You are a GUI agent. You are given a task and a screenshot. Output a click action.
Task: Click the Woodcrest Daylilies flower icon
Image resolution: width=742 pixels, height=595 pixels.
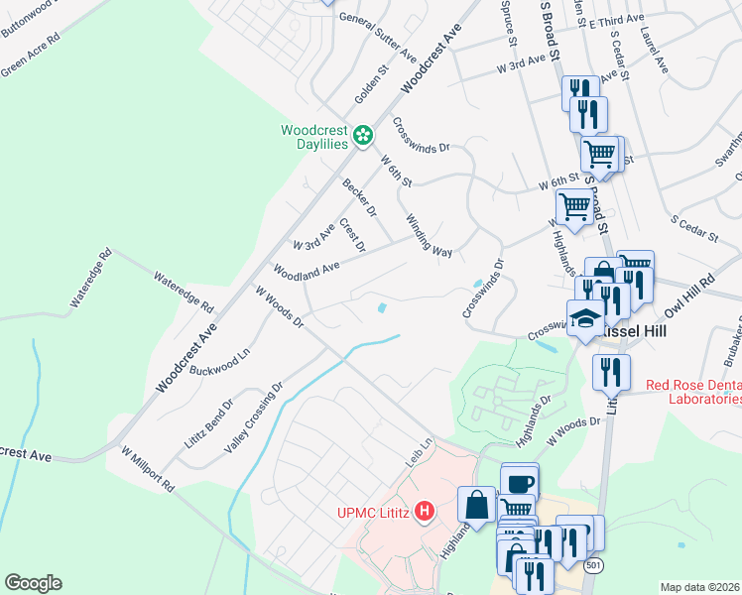(364, 134)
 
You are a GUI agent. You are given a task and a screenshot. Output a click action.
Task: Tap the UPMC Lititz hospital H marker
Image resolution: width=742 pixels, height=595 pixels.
(425, 512)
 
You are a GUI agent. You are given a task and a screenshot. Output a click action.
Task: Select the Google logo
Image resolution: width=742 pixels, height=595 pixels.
(32, 583)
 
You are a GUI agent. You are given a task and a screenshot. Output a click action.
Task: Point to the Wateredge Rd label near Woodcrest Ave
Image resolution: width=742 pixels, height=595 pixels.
(184, 291)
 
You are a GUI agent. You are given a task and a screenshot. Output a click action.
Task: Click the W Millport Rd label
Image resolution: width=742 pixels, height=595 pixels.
(147, 469)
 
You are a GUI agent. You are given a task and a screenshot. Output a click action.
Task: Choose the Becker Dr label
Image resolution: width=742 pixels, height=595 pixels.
(359, 197)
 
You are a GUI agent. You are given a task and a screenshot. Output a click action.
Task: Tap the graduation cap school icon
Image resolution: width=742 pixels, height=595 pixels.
(585, 319)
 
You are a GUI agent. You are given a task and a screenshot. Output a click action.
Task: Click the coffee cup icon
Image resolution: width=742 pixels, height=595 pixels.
(520, 483)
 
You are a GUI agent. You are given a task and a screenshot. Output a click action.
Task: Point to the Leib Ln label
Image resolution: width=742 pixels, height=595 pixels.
(421, 455)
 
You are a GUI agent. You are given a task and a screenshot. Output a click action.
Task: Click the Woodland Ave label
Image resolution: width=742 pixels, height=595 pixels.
(307, 268)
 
